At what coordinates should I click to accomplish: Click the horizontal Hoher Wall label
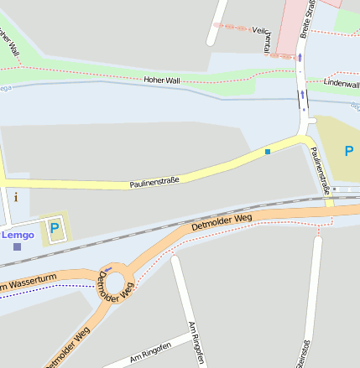[x=161, y=79]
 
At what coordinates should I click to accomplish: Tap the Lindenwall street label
[x=342, y=85]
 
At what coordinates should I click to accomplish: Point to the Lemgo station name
[x=18, y=235]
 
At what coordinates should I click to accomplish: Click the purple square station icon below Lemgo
[x=17, y=246]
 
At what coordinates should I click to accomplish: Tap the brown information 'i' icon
[x=15, y=198]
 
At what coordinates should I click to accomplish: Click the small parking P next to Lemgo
[x=55, y=227]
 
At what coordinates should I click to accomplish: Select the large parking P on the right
[x=349, y=151]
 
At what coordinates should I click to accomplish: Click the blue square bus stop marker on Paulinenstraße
[x=268, y=151]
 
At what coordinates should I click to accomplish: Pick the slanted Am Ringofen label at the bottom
[x=150, y=353]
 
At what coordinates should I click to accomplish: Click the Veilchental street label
[x=263, y=37]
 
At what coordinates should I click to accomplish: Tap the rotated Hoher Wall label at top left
[x=8, y=42]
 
